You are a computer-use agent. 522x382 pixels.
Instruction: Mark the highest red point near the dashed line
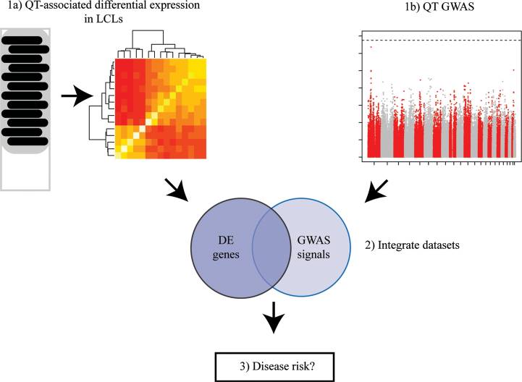371,48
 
